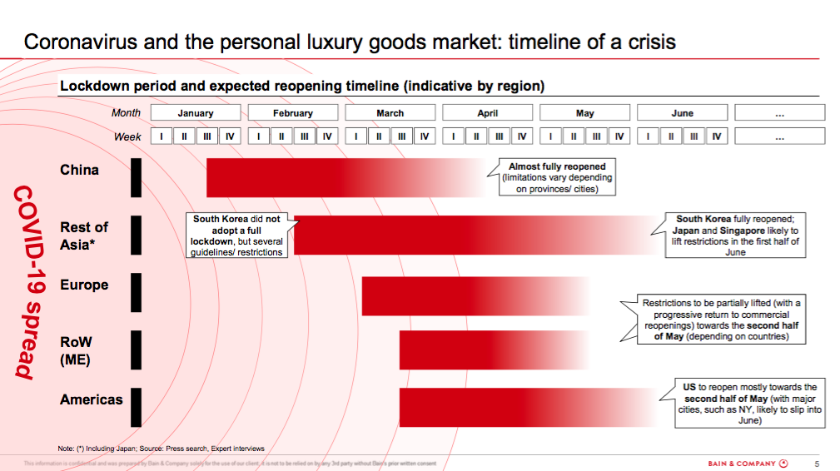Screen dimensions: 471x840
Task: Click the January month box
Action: pyautogui.click(x=196, y=113)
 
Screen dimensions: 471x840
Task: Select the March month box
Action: pyautogui.click(x=390, y=113)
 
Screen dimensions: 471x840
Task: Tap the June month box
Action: pyautogui.click(x=682, y=113)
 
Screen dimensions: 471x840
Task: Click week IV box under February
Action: pyautogui.click(x=327, y=136)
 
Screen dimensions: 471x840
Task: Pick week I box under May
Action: pyautogui.click(x=549, y=136)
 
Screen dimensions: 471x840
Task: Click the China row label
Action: pyautogui.click(x=79, y=170)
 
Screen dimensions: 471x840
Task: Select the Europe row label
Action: pyautogui.click(x=84, y=285)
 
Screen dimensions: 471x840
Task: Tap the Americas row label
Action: pyautogui.click(x=91, y=399)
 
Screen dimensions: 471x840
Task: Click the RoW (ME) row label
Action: pyautogui.click(x=76, y=350)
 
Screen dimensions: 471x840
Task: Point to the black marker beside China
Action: pyautogui.click(x=136, y=177)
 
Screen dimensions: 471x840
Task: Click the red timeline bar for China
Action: pyautogui.click(x=333, y=177)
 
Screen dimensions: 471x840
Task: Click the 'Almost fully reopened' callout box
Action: pyautogui.click(x=557, y=177)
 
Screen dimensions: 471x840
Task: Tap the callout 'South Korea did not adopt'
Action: pyautogui.click(x=236, y=235)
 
